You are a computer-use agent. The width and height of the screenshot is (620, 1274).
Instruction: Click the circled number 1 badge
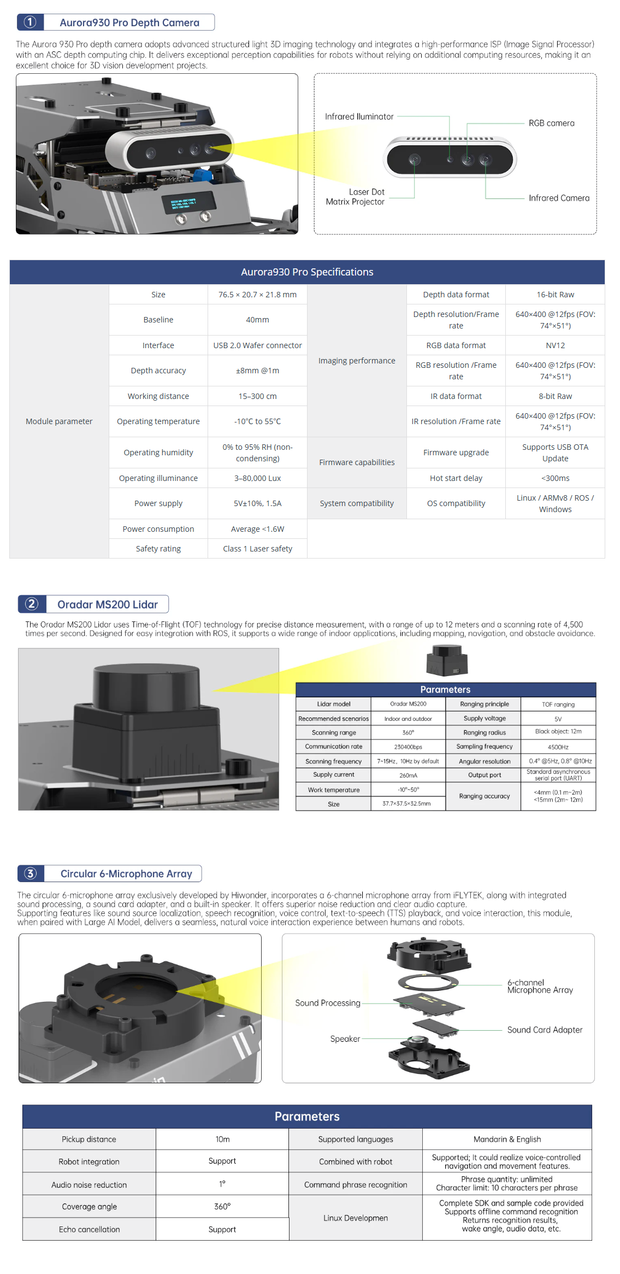pyautogui.click(x=31, y=22)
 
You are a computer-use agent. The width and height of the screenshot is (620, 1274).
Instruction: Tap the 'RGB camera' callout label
pyautogui.click(x=551, y=124)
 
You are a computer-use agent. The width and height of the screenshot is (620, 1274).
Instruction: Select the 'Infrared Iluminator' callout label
pyautogui.click(x=359, y=117)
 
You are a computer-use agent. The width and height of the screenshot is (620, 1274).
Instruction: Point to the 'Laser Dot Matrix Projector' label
pyautogui.click(x=356, y=197)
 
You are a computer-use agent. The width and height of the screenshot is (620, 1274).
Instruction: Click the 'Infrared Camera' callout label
pyautogui.click(x=559, y=198)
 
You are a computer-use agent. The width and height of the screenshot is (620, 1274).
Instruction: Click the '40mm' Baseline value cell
pyautogui.click(x=257, y=320)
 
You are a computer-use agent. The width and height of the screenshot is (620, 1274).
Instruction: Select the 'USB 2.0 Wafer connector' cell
pyautogui.click(x=257, y=345)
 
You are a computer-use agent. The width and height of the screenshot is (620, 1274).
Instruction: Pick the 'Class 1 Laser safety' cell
pyautogui.click(x=257, y=549)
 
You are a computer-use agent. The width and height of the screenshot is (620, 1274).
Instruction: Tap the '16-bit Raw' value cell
pyautogui.click(x=555, y=295)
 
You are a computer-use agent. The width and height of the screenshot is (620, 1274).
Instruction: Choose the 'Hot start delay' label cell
pyautogui.click(x=456, y=478)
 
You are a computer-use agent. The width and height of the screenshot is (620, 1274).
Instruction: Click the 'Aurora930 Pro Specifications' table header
pyautogui.click(x=307, y=272)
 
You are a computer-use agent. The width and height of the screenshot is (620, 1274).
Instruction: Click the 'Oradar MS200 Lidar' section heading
pyautogui.click(x=107, y=604)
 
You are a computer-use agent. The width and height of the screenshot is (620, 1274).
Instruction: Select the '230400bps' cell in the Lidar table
pyautogui.click(x=408, y=747)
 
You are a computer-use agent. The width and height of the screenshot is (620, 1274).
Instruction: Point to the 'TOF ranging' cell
pyautogui.click(x=558, y=704)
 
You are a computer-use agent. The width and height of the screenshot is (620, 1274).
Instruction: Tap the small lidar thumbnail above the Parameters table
pyautogui.click(x=447, y=660)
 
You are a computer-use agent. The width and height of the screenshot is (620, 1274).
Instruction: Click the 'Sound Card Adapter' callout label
pyautogui.click(x=545, y=1030)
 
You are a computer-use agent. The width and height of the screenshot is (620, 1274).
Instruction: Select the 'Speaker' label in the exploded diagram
pyautogui.click(x=345, y=1039)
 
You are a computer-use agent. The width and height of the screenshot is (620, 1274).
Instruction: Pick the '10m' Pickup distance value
pyautogui.click(x=222, y=1140)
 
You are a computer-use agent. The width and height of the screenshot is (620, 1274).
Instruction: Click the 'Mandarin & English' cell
pyautogui.click(x=507, y=1140)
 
